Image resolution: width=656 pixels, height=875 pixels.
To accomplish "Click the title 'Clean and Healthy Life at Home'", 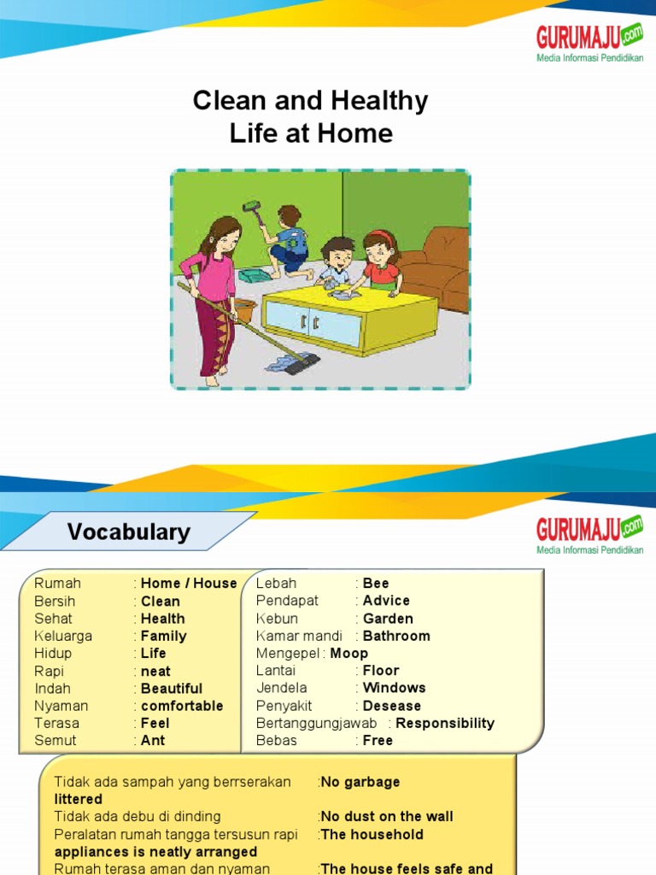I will (310, 117).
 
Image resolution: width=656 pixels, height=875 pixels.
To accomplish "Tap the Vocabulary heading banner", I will (129, 531).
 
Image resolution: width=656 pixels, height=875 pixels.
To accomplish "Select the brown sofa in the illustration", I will (437, 265).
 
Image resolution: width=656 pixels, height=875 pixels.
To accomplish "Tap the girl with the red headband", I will (380, 261).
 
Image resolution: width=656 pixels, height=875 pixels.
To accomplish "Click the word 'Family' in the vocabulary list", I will (163, 636).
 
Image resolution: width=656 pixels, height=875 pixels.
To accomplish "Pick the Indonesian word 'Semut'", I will (56, 740).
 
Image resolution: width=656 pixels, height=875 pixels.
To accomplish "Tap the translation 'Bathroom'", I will (396, 636).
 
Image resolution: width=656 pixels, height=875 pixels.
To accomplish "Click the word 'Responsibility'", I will (445, 723).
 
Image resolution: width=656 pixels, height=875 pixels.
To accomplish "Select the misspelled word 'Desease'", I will (392, 706).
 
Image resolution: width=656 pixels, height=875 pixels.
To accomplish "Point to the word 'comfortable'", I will (182, 706).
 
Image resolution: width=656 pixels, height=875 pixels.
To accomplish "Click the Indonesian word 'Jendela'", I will (282, 688).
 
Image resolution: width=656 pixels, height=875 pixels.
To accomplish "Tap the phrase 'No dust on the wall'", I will (387, 816).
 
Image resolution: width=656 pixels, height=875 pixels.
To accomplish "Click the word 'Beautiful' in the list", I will (172, 688).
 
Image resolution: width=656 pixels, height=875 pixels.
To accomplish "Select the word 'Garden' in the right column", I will (388, 619).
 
